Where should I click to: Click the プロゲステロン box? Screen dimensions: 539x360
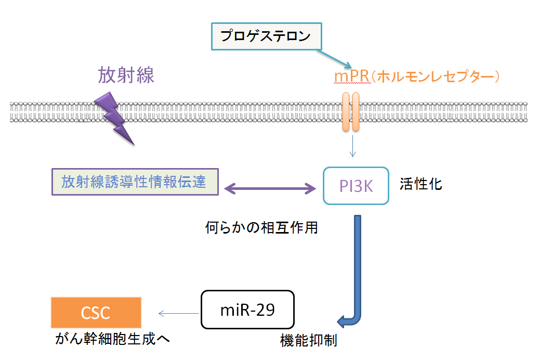click(267, 36)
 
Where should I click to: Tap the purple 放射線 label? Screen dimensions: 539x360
click(126, 75)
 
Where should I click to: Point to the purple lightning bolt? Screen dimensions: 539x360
click(114, 118)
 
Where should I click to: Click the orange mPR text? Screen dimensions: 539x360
click(352, 76)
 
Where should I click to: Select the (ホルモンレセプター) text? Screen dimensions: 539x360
click(436, 76)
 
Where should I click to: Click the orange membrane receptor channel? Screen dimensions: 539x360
click(351, 111)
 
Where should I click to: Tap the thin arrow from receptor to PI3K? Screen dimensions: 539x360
click(352, 146)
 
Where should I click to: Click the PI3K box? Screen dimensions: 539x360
click(356, 186)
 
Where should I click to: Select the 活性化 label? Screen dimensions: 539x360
click(420, 184)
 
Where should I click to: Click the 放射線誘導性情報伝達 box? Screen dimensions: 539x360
click(135, 182)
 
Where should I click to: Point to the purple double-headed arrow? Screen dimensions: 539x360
click(270, 189)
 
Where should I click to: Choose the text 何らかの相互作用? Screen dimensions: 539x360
click(261, 227)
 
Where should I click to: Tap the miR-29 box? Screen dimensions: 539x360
click(247, 310)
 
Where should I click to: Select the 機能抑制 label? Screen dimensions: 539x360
click(309, 340)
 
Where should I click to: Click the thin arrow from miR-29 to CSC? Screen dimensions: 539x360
click(178, 313)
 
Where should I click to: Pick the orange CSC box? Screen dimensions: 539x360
click(96, 313)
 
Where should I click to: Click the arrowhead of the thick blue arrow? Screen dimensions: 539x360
click(341, 322)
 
